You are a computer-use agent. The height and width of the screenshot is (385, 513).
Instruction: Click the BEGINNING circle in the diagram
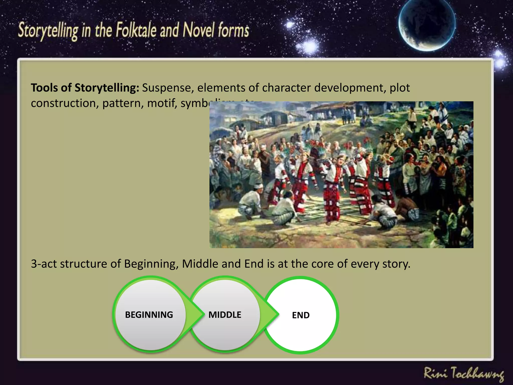click(x=149, y=315)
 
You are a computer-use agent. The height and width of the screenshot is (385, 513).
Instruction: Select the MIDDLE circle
click(x=225, y=315)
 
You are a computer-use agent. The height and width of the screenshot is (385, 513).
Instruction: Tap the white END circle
click(x=301, y=315)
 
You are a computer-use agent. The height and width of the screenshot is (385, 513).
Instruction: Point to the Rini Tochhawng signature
click(x=464, y=374)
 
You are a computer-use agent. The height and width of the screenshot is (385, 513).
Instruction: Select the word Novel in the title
click(x=199, y=30)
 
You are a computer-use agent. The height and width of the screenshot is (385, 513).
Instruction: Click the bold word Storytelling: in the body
click(x=107, y=88)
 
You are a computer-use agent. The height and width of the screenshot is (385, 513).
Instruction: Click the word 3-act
click(x=44, y=264)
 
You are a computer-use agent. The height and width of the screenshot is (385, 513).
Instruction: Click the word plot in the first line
click(x=400, y=88)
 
